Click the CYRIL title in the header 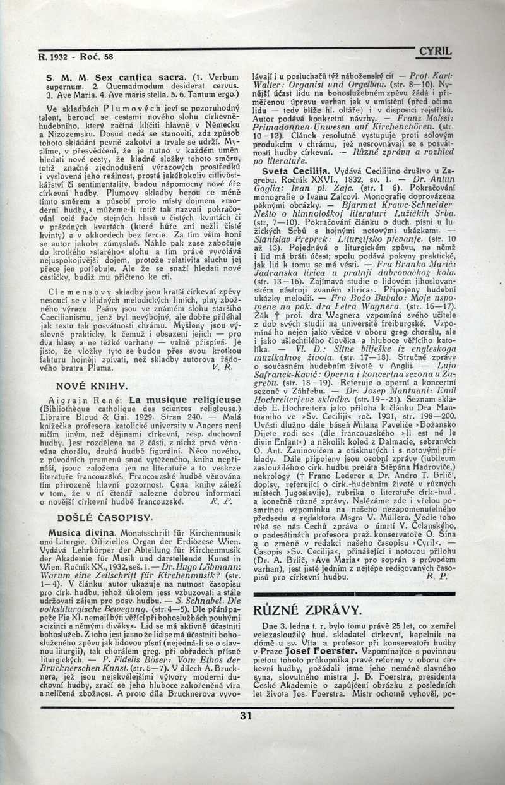coord(436,52)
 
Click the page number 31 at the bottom coord(246,716)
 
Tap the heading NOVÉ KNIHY coord(92,385)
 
